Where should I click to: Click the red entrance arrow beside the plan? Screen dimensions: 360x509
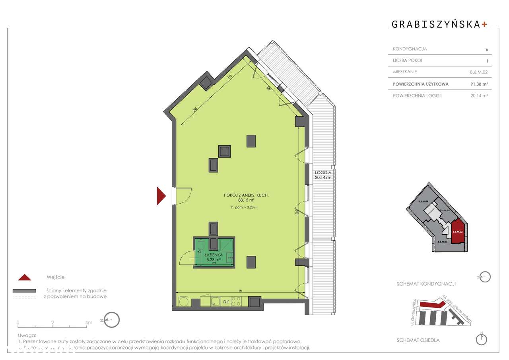point(161,196)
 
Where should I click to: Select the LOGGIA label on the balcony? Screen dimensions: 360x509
point(323,173)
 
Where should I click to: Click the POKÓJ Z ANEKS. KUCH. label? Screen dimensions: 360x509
point(246,195)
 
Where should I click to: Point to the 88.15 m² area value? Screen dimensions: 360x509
point(247,201)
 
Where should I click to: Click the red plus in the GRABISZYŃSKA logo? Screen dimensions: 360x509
point(484,24)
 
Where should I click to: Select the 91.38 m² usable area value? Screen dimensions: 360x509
point(479,84)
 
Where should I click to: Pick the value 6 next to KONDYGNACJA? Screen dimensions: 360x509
point(486,50)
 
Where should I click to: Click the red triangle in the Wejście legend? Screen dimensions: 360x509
point(24,277)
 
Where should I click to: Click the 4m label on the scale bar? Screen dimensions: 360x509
point(88,322)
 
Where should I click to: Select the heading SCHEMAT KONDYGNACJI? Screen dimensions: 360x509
point(426,284)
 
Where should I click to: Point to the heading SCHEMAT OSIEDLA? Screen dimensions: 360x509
point(418,340)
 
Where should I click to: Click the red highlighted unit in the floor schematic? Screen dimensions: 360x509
point(458,231)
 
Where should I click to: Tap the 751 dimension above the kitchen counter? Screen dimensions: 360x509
point(241,291)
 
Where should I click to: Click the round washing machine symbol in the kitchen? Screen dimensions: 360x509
point(183,302)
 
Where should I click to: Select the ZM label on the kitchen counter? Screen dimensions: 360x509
point(225,302)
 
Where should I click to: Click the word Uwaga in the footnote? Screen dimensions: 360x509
point(27,336)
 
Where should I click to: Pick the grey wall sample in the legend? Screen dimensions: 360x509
point(24,291)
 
